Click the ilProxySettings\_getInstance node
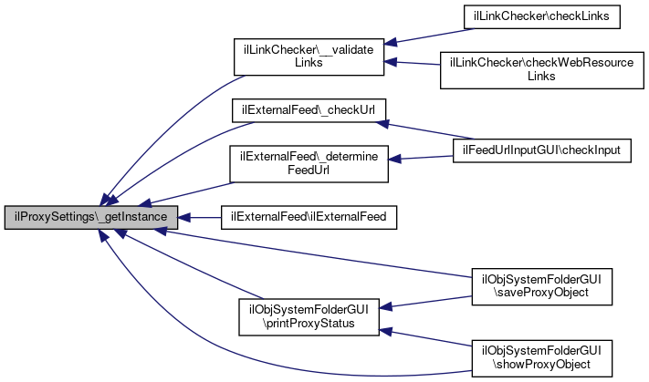[x=90, y=218]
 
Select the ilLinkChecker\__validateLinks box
[x=308, y=56]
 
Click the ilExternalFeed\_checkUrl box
[x=309, y=109]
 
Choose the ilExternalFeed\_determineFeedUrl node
[x=309, y=161]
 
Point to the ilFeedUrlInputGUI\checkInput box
[x=542, y=149]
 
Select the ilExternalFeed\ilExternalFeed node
[x=308, y=218]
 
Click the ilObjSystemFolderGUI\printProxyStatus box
[x=309, y=315]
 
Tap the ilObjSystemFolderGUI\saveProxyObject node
[x=542, y=285]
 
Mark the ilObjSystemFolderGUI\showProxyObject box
[x=542, y=356]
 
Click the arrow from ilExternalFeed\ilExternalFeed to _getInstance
[x=200, y=218]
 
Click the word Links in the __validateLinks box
[x=308, y=63]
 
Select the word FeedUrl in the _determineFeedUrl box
[x=309, y=169]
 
